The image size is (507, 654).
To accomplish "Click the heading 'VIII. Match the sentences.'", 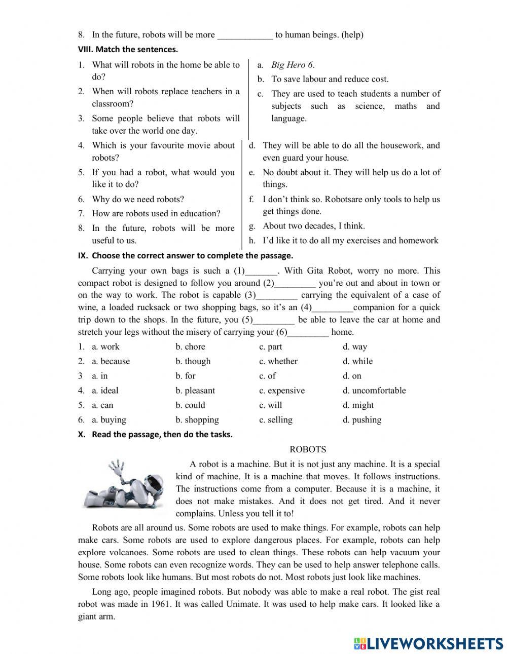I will tap(128, 50).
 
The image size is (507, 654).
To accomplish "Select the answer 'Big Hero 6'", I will tap(293, 65).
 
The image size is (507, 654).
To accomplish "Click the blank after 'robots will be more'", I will tap(245, 35).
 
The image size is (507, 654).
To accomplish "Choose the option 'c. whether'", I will tap(278, 361).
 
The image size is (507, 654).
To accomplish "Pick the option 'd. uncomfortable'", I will tap(374, 391).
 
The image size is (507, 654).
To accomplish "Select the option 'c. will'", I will tap(271, 405).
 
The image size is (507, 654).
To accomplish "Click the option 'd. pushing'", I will tap(362, 420).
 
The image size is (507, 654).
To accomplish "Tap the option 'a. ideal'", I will tap(105, 391).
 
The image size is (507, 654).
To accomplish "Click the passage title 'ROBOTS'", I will tap(308, 449).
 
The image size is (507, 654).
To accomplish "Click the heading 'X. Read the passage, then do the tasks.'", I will tap(155, 434).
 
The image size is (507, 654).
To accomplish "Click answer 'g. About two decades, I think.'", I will tap(313, 226).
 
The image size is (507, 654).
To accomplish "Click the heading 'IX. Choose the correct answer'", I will tap(186, 255).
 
